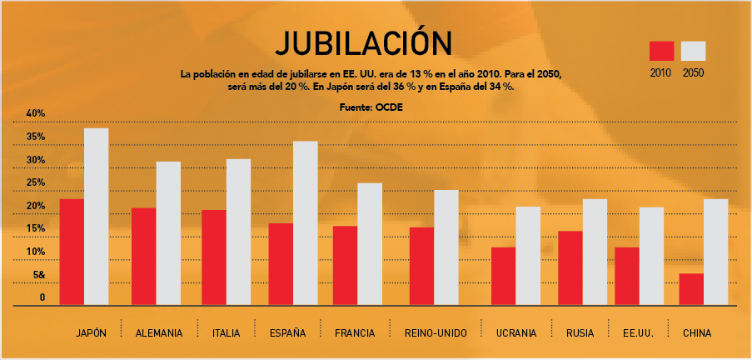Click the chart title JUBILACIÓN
363,43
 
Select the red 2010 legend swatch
660,51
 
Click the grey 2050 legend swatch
693,51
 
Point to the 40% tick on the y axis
36,113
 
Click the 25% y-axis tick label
36,182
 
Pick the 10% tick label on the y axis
36,252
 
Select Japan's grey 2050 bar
97,217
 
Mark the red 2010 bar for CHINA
691,288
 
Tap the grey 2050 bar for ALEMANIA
167,233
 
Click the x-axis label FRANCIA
355,333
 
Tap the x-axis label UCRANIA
515,333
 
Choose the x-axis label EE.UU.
637,333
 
